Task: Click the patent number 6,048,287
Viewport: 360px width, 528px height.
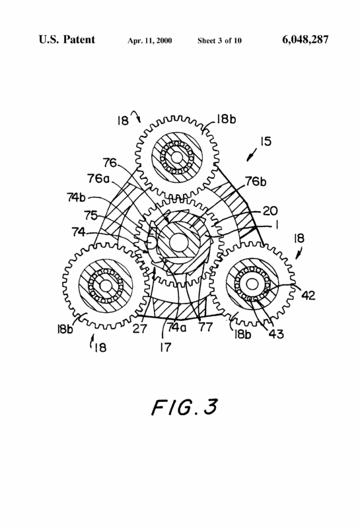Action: tap(305, 40)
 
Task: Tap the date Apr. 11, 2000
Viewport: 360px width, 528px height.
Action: tap(150, 41)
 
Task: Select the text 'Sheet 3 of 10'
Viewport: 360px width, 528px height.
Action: tap(219, 41)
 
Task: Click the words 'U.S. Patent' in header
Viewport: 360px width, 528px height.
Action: tap(67, 40)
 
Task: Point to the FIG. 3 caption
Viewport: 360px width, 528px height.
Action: tap(184, 407)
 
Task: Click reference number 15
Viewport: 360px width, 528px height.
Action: tap(266, 141)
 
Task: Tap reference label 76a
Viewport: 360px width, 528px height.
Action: tap(98, 178)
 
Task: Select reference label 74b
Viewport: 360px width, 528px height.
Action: tap(76, 197)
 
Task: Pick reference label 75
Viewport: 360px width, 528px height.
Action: tap(90, 215)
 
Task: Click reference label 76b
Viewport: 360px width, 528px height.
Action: tap(256, 181)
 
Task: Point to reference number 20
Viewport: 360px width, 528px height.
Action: tap(270, 211)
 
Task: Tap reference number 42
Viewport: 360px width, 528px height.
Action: tap(308, 295)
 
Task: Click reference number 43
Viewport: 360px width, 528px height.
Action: tap(276, 334)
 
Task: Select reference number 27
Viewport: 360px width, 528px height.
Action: tap(139, 328)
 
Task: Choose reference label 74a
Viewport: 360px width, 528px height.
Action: tap(176, 327)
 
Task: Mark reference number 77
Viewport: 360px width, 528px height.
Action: tap(205, 327)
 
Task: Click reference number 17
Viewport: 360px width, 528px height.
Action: tap(166, 347)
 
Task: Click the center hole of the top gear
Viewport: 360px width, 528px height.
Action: tap(176, 157)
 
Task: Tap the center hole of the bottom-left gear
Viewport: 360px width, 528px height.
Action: tap(106, 286)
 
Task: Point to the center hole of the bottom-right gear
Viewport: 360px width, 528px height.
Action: tap(252, 284)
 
